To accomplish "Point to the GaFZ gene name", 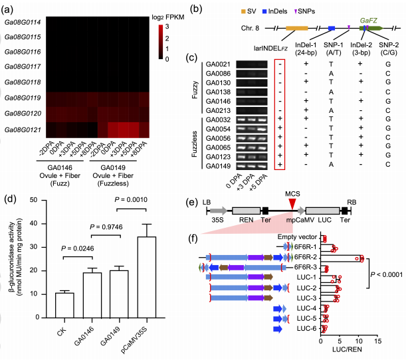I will [x=369, y=21].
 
